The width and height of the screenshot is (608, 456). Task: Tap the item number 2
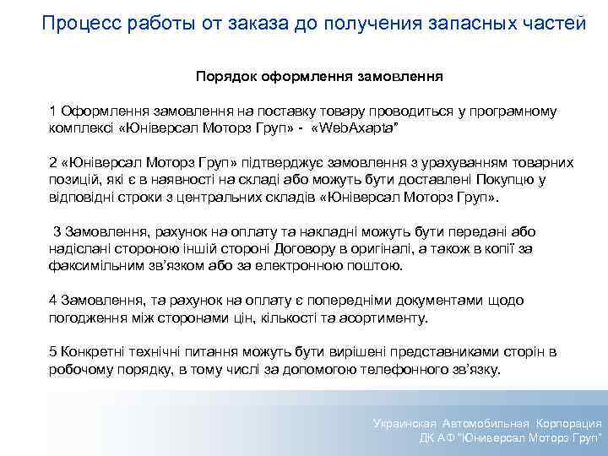pyautogui.click(x=52, y=162)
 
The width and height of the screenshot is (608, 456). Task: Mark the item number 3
pyautogui.click(x=57, y=232)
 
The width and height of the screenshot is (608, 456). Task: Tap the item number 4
pyautogui.click(x=52, y=301)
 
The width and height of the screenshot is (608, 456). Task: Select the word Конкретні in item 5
pyautogui.click(x=90, y=353)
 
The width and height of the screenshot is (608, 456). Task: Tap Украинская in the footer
pyautogui.click(x=406, y=423)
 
